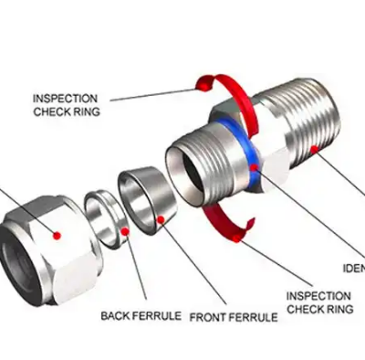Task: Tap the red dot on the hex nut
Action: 57,235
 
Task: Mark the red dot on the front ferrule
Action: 161,217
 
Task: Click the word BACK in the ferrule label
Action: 116,316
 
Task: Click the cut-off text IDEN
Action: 353,269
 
